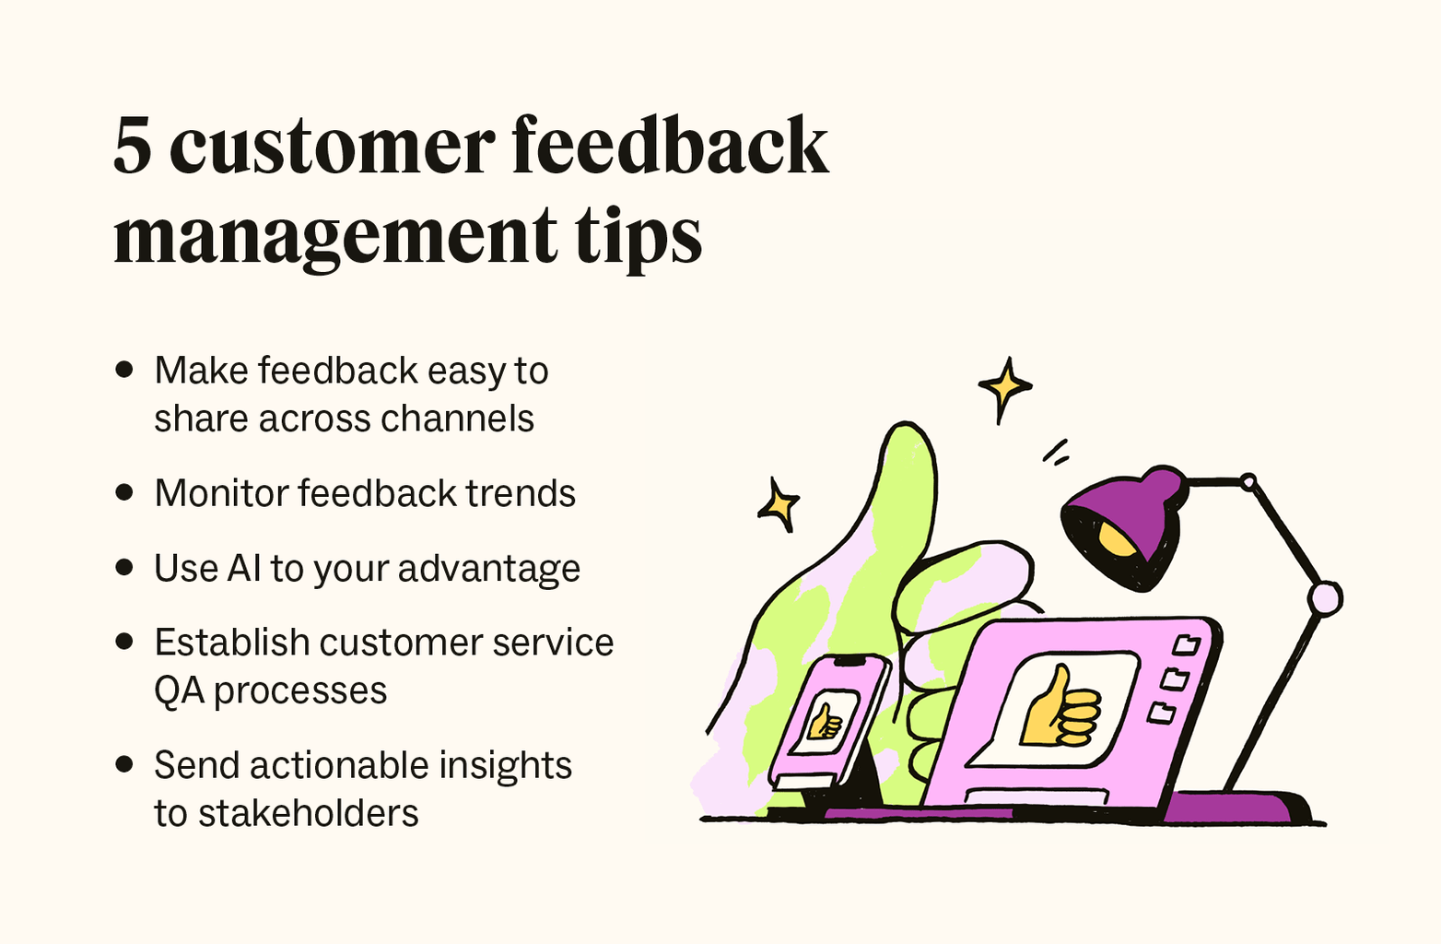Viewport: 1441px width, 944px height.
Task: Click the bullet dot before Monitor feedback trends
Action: (124, 492)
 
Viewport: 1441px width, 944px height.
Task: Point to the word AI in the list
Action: (244, 568)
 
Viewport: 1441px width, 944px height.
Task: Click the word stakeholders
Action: (308, 813)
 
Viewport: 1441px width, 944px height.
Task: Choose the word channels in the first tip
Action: (457, 419)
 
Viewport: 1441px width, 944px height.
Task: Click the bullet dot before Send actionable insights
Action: (124, 764)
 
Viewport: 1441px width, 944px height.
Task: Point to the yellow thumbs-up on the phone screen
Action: (825, 722)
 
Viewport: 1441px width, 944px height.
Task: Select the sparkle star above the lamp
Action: (1003, 387)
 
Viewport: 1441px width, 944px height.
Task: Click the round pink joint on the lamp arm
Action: (1325, 598)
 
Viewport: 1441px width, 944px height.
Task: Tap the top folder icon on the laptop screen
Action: (1186, 643)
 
